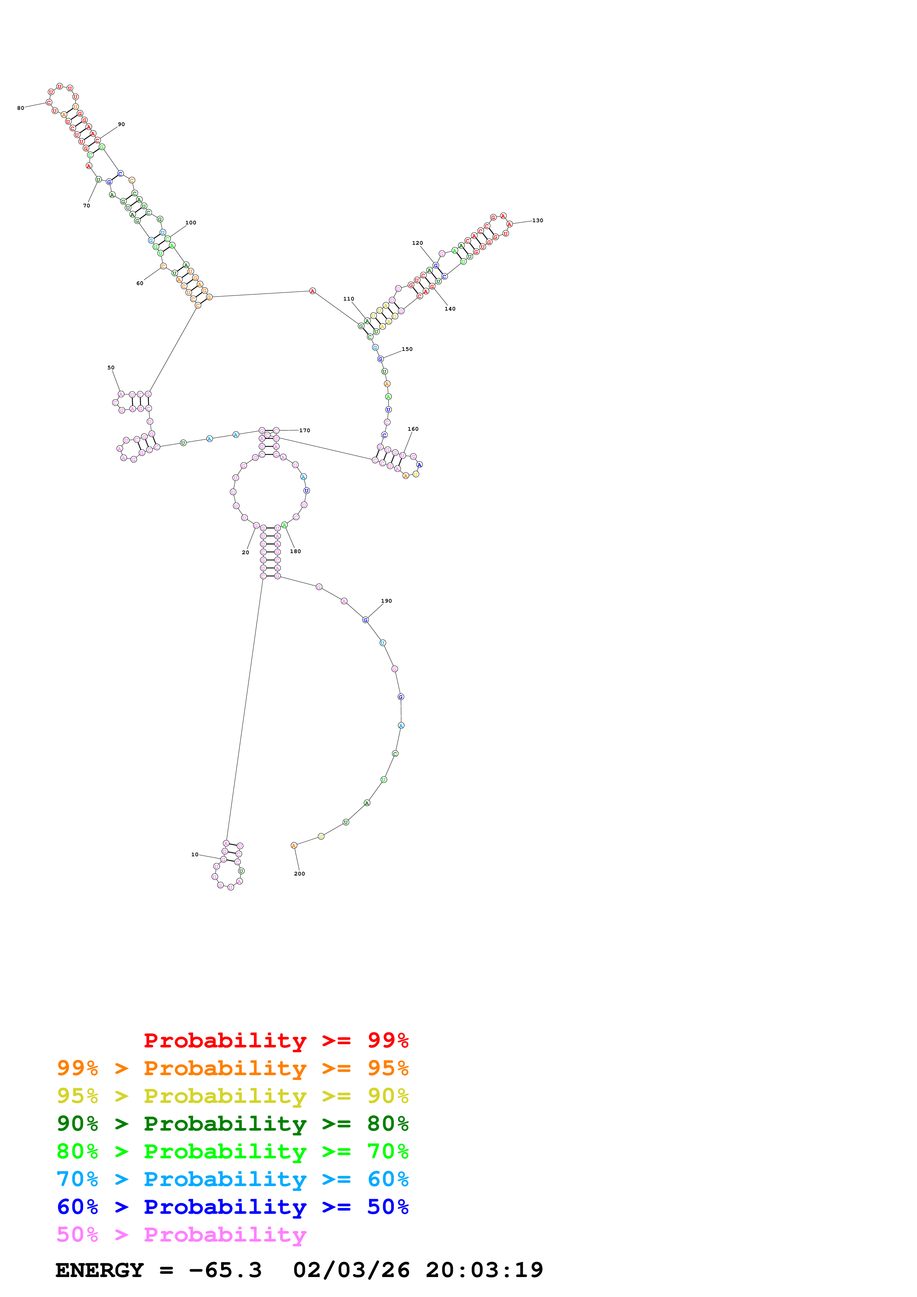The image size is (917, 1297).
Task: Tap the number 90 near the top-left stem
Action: coord(121,124)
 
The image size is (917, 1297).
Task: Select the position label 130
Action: coord(537,220)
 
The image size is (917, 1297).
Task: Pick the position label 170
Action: coord(304,430)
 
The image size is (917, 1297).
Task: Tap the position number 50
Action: coord(111,368)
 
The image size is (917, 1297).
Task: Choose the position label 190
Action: coord(387,601)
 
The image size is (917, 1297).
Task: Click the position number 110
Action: coord(348,299)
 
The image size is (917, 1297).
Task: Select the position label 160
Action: coord(413,429)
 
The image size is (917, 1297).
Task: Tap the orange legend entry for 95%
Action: coord(233,1068)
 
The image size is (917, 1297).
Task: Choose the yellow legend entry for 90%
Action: coord(233,1096)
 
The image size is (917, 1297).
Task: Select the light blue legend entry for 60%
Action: coord(233,1179)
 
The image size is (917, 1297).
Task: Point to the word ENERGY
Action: coord(100,1270)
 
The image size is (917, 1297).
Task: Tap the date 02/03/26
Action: coord(351,1270)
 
